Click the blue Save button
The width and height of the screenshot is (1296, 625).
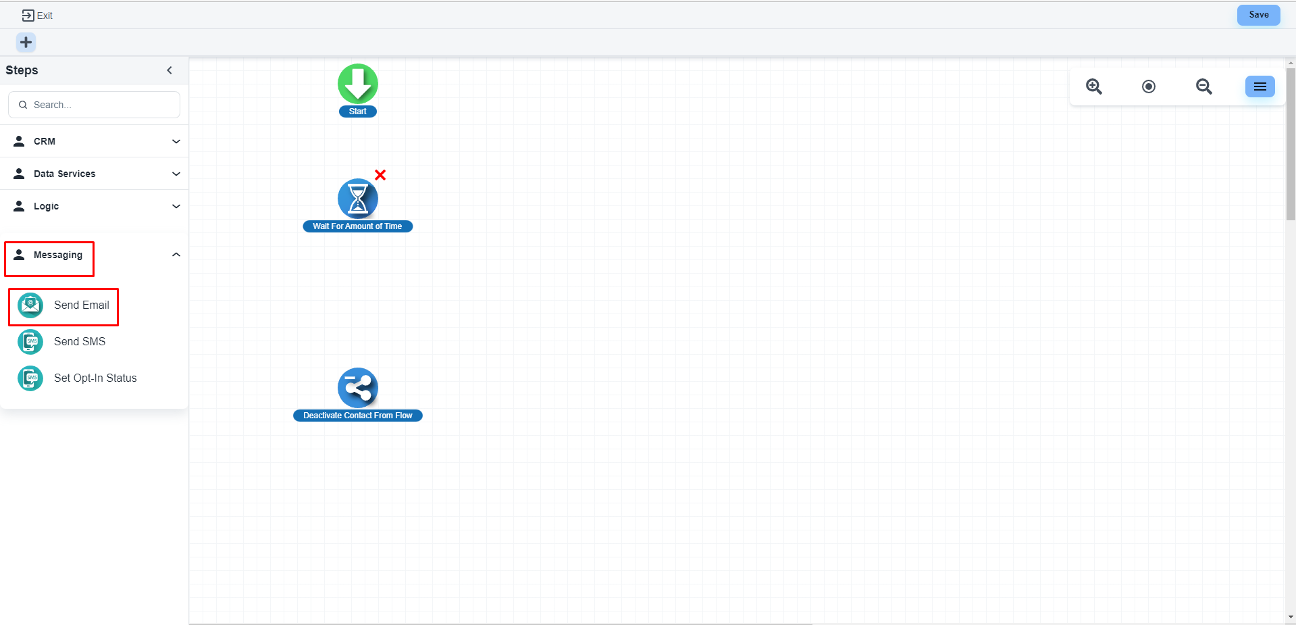pos(1258,15)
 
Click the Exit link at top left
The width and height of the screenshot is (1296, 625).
pos(37,16)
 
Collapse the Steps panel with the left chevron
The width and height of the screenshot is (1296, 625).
pos(170,70)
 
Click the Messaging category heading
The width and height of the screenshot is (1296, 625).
pos(58,255)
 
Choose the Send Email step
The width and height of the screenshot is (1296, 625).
pos(81,305)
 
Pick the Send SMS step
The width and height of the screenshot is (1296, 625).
pos(80,342)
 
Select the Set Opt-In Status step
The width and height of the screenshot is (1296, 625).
pos(95,378)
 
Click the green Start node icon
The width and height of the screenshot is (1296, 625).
pos(358,84)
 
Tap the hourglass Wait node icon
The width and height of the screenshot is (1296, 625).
pos(358,199)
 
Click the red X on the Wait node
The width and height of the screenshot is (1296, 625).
pos(380,175)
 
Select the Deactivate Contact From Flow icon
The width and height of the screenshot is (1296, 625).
pos(358,388)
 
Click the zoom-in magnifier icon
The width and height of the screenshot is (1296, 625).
pos(1094,86)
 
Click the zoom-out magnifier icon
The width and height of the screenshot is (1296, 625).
pos(1203,86)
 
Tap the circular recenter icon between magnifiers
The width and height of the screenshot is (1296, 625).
pos(1149,86)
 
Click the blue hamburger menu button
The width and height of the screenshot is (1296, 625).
pos(1260,86)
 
